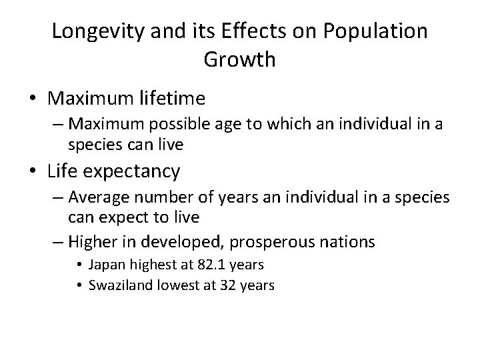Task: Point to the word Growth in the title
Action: pyautogui.click(x=240, y=60)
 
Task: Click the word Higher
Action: pyautogui.click(x=90, y=239)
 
